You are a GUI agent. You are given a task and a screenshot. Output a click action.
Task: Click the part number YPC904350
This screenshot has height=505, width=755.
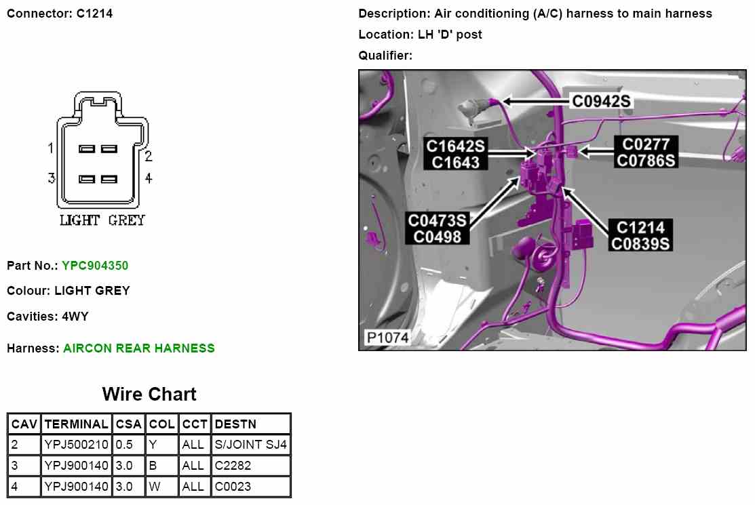click(x=94, y=266)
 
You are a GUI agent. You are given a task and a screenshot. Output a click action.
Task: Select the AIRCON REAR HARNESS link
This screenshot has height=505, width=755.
click(x=138, y=348)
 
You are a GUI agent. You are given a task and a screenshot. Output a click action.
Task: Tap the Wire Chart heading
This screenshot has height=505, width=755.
click(x=149, y=395)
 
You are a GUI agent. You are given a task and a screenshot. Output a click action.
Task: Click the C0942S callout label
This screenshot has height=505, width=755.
click(x=601, y=102)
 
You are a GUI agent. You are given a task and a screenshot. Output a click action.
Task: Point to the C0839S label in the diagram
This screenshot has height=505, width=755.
click(x=641, y=243)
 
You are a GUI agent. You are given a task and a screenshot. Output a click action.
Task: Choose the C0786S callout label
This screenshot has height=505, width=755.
click(x=646, y=161)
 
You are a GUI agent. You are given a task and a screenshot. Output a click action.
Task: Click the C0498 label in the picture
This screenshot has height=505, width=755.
click(x=438, y=237)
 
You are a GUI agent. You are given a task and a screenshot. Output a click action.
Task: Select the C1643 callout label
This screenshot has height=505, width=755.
click(x=455, y=162)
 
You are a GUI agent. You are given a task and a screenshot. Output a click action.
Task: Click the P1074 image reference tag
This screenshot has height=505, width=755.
click(x=387, y=337)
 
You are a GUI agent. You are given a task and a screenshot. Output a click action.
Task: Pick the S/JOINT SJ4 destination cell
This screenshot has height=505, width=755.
click(x=250, y=445)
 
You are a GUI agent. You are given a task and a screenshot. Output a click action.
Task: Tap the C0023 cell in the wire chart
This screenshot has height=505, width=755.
click(x=233, y=486)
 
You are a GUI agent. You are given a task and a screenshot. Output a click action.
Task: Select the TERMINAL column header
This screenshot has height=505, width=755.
click(x=76, y=424)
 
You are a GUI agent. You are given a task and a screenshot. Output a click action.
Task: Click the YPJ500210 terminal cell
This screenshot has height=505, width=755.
click(x=76, y=445)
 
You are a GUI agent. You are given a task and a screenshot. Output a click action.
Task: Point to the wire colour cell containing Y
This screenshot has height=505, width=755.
click(x=153, y=445)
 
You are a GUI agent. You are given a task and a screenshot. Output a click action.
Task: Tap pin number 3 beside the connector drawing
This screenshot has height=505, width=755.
click(x=51, y=178)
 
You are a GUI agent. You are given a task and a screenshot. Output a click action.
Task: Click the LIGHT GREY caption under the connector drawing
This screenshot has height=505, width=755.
click(x=102, y=220)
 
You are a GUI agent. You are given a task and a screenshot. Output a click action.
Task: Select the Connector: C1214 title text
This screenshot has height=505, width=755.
click(x=60, y=13)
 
